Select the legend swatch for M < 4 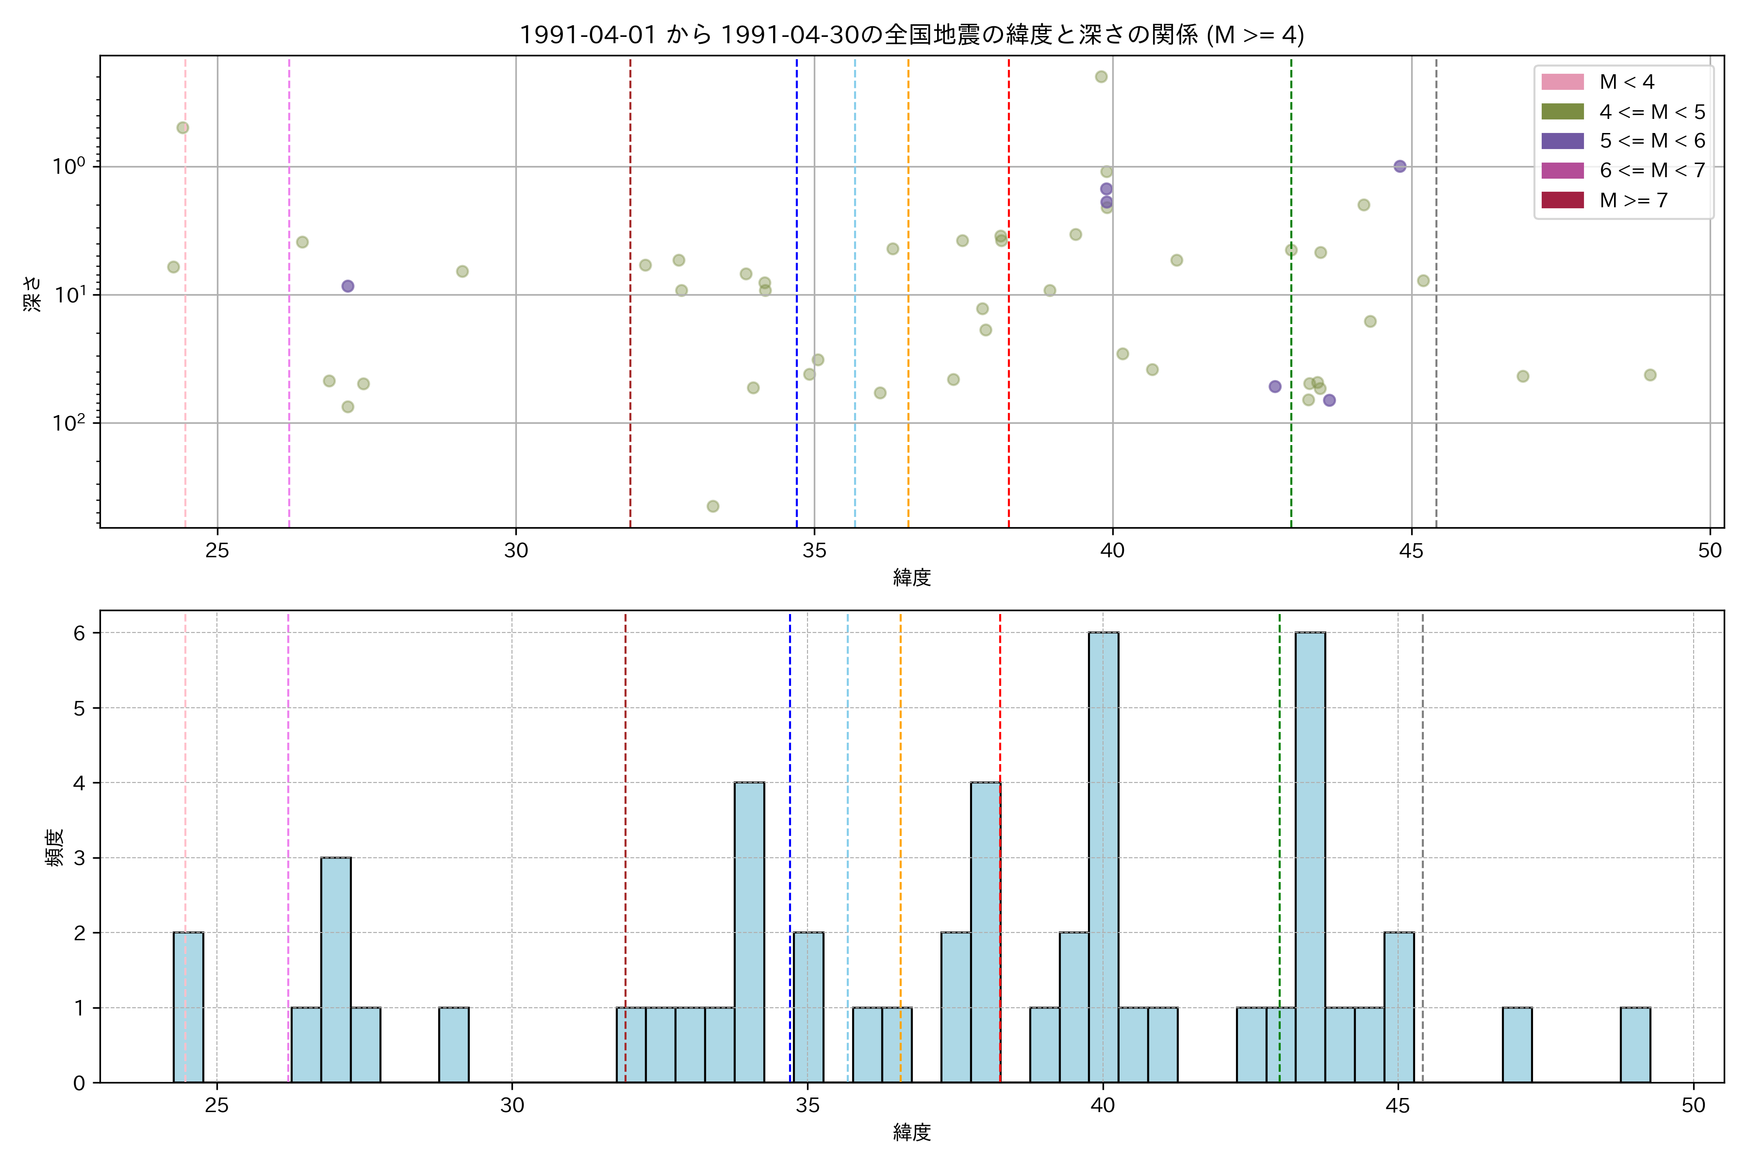coord(1562,82)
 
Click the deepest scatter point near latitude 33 coord(712,506)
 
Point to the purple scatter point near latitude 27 coord(347,286)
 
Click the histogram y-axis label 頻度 coord(55,847)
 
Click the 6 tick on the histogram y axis coord(79,633)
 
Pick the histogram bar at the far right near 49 coord(1635,1045)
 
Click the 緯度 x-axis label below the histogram coord(911,1132)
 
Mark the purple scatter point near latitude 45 coord(1400,166)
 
